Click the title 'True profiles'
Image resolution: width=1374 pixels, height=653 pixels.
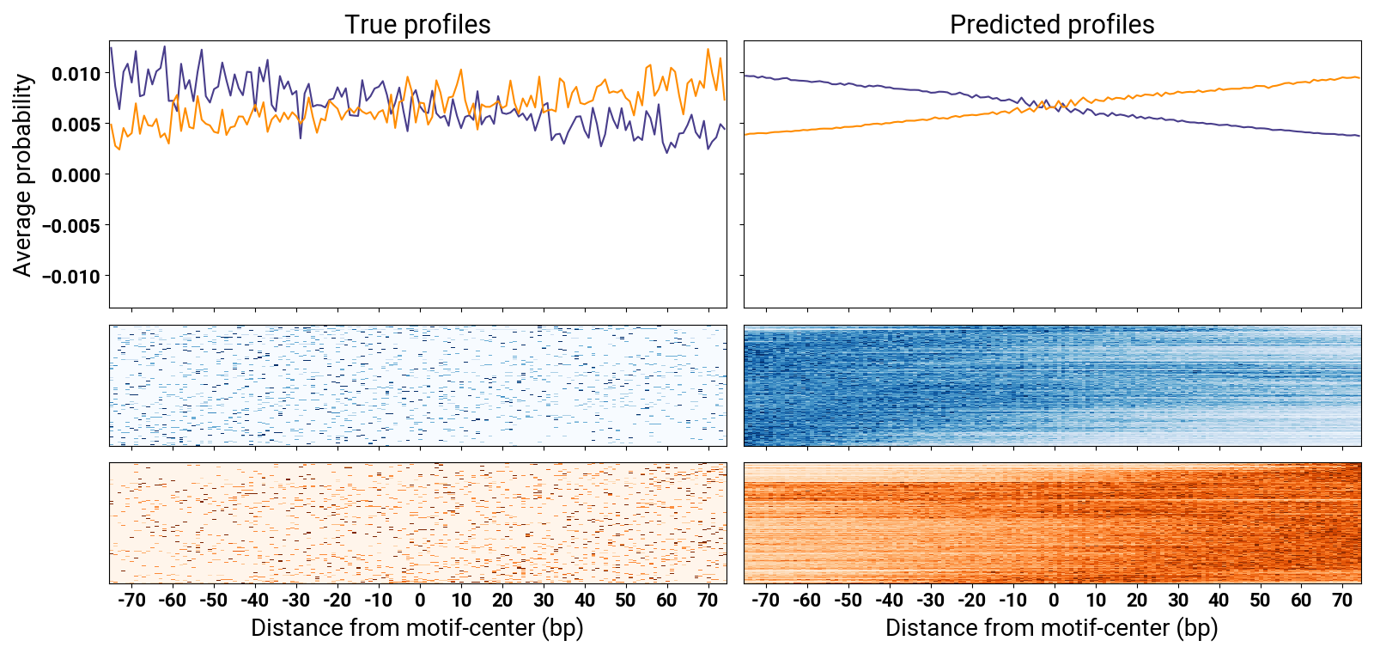coord(417,25)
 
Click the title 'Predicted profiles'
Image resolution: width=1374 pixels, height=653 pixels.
coord(1052,25)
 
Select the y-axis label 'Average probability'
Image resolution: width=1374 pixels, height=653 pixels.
coord(23,175)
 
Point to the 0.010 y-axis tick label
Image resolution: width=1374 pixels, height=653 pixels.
coord(76,74)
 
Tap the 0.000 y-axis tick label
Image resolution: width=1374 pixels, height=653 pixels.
coord(76,175)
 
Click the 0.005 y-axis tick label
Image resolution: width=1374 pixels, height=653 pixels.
coord(76,125)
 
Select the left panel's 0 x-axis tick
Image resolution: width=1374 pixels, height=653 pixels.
coord(420,601)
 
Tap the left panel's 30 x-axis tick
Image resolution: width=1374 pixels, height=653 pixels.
coord(544,601)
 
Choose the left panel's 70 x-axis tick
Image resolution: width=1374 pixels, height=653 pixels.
coord(708,601)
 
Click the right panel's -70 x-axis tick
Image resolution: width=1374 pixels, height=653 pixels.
coord(765,601)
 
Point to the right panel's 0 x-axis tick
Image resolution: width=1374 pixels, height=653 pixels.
coord(1054,601)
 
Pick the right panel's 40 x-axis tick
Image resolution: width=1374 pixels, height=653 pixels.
coord(1219,601)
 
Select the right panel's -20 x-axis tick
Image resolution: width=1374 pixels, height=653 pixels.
coord(971,601)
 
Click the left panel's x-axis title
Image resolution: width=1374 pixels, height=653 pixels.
coord(417,628)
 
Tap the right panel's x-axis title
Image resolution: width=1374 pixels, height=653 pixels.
coord(1052,628)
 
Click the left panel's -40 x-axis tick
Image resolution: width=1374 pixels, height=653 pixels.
coord(255,601)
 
